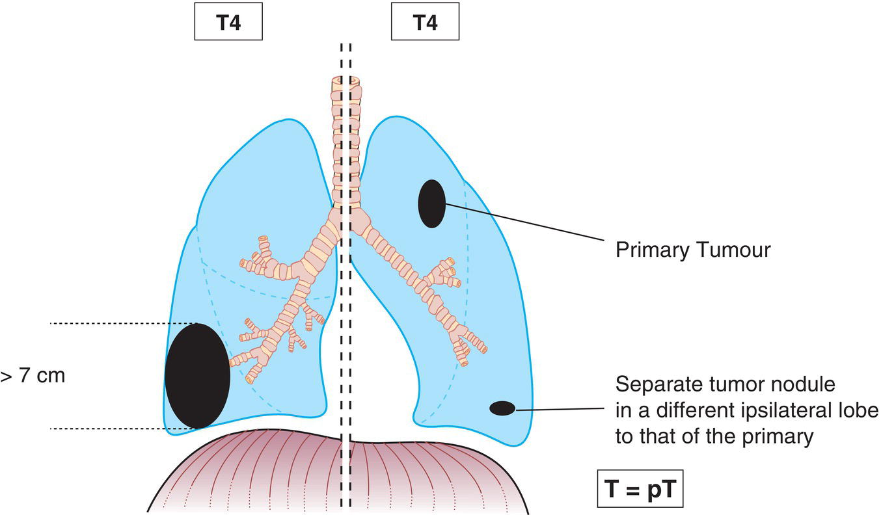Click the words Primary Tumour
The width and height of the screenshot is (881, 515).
[x=693, y=250]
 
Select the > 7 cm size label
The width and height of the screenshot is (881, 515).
[x=33, y=376]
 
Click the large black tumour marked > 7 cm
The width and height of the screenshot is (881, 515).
[x=197, y=376]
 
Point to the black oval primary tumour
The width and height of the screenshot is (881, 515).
[x=431, y=204]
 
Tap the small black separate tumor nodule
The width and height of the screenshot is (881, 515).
[x=502, y=408]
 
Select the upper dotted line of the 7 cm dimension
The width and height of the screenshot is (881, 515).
[x=124, y=323]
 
